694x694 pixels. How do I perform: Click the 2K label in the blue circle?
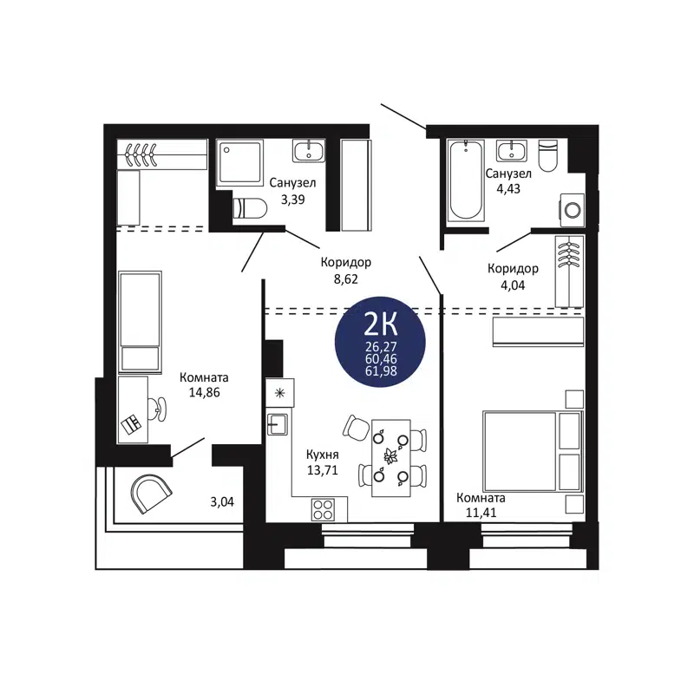click(x=379, y=324)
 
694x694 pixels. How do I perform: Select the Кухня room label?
click(x=322, y=454)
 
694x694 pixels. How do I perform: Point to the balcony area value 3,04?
click(x=224, y=501)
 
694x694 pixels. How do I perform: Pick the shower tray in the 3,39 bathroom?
click(x=239, y=161)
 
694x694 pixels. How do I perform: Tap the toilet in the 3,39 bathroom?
click(x=250, y=209)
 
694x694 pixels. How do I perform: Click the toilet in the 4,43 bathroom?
click(x=547, y=157)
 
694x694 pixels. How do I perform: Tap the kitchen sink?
click(x=278, y=424)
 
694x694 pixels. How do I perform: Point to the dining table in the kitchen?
click(x=390, y=457)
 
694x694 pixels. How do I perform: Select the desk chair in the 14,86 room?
click(x=157, y=407)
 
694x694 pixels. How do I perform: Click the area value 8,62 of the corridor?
click(x=344, y=279)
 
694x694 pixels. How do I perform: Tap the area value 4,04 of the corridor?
click(x=513, y=284)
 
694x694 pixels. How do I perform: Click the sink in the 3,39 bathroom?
click(x=309, y=151)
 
